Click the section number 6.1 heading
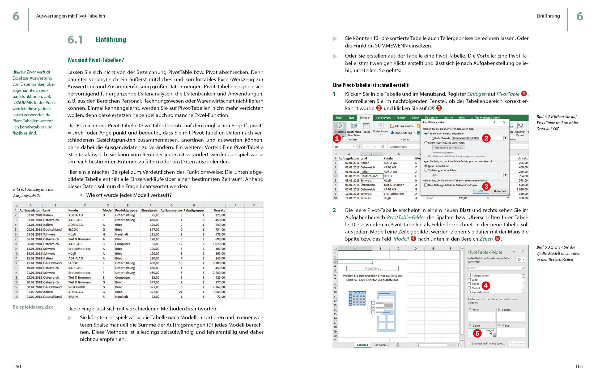pos(75,40)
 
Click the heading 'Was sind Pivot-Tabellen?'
pos(96,60)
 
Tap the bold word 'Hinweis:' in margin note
pos(19,72)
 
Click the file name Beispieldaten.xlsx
pos(33,307)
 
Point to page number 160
pos(17,366)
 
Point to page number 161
pos(579,366)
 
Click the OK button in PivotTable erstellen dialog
pos(481,191)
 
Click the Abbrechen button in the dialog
pos(500,191)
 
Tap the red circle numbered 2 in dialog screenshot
pos(486,138)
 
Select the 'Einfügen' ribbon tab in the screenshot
pos(365,118)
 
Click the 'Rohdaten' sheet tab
pos(379,345)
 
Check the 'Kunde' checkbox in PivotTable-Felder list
pos(469,284)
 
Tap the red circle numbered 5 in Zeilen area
pos(477,334)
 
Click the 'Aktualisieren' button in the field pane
pos(517,344)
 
